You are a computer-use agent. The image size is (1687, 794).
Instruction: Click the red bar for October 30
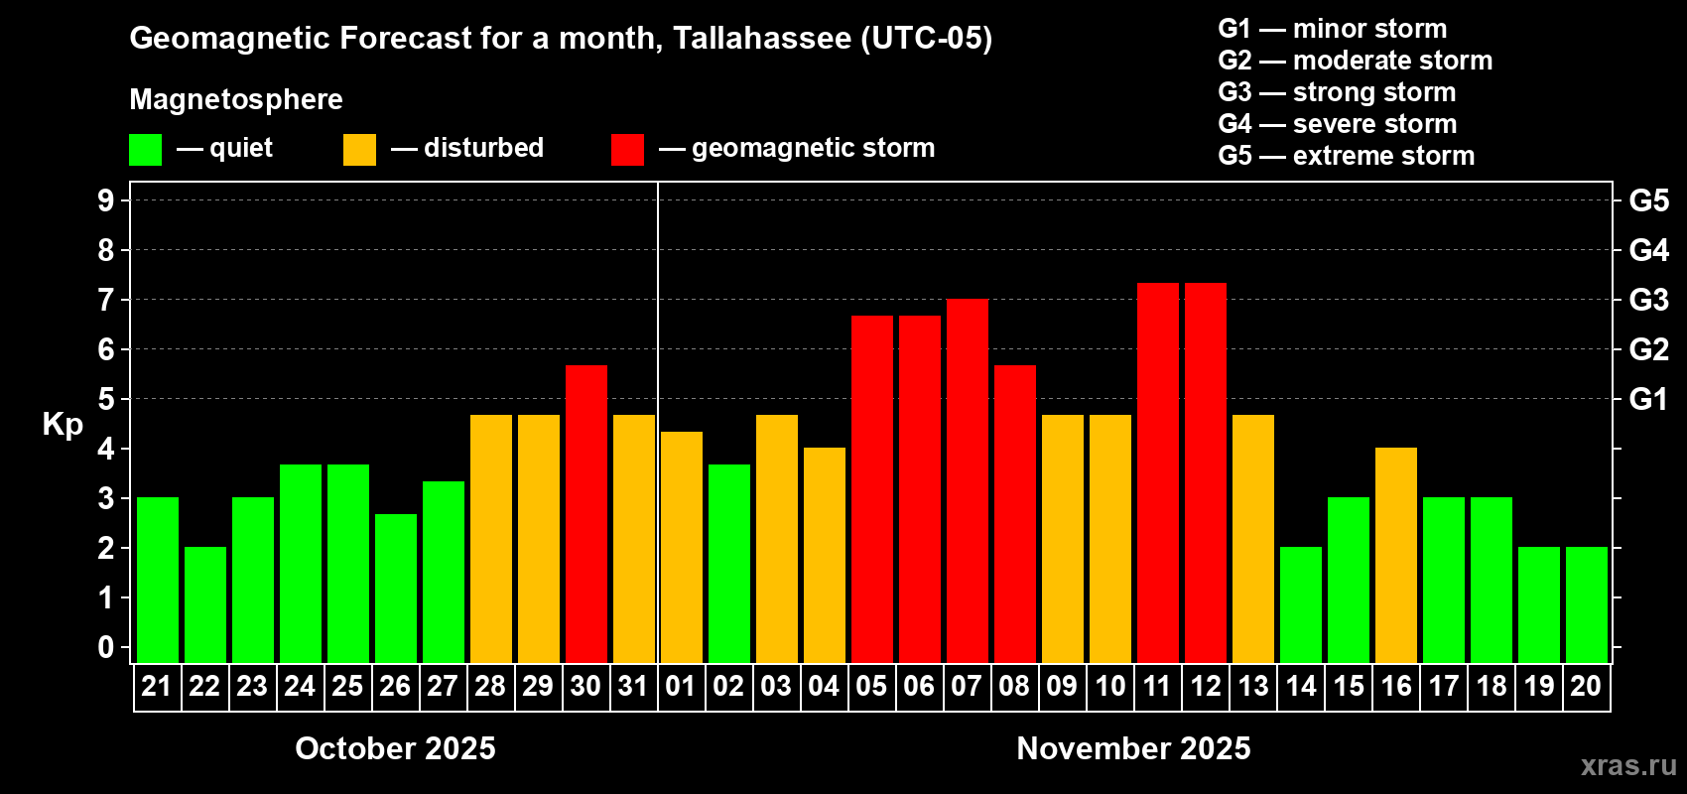tap(585, 514)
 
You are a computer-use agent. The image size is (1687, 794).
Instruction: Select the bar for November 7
tap(967, 481)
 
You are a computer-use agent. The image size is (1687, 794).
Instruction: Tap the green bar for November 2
tap(728, 564)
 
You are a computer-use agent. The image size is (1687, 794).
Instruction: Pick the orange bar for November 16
tap(1395, 556)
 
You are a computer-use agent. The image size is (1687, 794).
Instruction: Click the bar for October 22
tap(204, 604)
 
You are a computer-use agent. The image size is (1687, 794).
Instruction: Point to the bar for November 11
tap(1157, 473)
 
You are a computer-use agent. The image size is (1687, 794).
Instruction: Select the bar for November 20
tap(1586, 604)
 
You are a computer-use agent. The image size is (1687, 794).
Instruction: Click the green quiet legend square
tap(145, 150)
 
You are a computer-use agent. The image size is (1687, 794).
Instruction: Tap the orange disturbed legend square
tap(359, 150)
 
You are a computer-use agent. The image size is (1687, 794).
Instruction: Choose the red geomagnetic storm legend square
tap(627, 150)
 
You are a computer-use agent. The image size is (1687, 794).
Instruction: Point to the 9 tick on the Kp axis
tap(106, 200)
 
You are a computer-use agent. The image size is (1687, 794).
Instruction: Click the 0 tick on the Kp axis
tap(106, 647)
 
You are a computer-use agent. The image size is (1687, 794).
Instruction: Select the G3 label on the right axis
tap(1648, 300)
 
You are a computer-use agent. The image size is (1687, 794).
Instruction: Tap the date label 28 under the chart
tap(490, 686)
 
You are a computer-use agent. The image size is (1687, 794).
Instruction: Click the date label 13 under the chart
tap(1252, 686)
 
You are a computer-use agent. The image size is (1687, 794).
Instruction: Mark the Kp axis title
tap(63, 424)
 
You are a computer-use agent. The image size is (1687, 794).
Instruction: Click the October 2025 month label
tap(395, 748)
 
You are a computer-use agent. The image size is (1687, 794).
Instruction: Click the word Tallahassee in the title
tap(761, 38)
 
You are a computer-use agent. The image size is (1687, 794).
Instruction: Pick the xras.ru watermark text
tap(1627, 765)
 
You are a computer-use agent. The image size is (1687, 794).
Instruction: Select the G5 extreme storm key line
tap(1346, 156)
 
